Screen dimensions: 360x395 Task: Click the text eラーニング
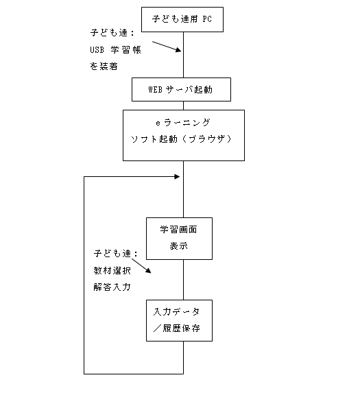[x=183, y=123]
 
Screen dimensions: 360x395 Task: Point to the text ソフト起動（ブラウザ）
[x=181, y=139]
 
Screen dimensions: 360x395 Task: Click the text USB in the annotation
[x=97, y=49]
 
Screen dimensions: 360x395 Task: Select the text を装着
[x=104, y=66]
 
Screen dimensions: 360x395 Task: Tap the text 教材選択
[x=112, y=271]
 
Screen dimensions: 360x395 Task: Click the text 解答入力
[x=112, y=287]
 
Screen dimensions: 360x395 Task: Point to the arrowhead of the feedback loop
[x=178, y=177]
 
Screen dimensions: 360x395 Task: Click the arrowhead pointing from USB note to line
[x=178, y=49]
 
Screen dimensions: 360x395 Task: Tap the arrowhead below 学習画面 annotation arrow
[x=148, y=271]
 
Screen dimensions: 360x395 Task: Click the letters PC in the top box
[x=207, y=19]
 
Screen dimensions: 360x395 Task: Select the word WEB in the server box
[x=155, y=89]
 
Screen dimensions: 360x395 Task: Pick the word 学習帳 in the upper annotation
[x=125, y=49]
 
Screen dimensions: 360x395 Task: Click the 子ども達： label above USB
[x=112, y=33]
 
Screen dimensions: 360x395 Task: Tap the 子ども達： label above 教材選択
[x=116, y=253]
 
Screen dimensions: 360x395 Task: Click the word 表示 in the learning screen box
[x=178, y=246]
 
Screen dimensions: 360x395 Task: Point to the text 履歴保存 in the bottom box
[x=182, y=328]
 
